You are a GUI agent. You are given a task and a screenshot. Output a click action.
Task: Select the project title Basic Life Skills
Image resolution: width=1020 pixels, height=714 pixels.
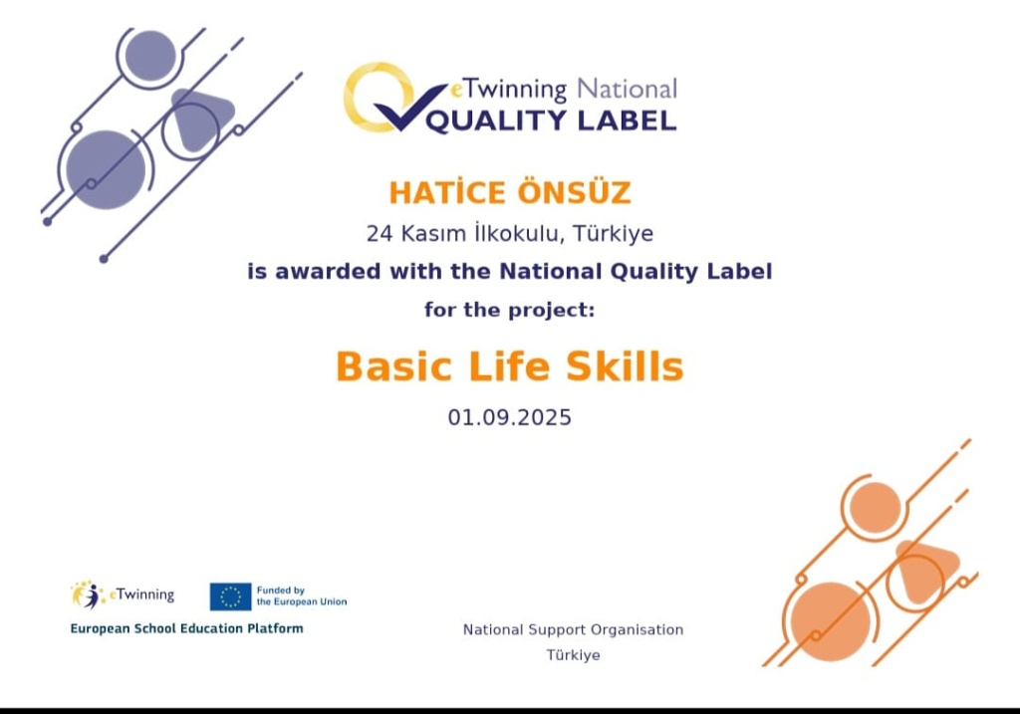pos(509,366)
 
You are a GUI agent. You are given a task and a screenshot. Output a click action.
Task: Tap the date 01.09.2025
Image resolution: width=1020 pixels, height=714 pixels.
pos(509,417)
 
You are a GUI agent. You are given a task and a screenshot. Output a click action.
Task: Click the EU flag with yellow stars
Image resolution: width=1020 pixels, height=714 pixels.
pos(230,596)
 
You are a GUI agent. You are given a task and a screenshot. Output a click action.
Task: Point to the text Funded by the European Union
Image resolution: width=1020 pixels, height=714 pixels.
pos(302,596)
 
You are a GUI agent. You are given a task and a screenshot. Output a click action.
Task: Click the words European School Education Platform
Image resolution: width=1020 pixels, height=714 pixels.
pos(186,628)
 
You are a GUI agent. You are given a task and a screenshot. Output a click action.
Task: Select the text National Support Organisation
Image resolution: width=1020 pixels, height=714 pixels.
pos(573,629)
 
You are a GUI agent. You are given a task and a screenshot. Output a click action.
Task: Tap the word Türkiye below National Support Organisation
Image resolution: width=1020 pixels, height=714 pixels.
pos(573,655)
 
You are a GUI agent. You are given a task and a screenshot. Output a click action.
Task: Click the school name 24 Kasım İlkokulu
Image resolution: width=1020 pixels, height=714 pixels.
pos(462,233)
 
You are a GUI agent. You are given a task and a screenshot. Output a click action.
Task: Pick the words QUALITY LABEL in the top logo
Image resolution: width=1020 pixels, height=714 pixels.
pos(551,120)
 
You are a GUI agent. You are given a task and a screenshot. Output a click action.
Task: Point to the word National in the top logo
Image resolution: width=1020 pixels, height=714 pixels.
pos(628,89)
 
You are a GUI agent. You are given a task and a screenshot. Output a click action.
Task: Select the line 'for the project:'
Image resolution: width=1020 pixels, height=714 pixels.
pos(509,310)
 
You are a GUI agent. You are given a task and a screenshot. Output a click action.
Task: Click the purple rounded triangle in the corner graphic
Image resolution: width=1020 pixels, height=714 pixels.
pos(198,118)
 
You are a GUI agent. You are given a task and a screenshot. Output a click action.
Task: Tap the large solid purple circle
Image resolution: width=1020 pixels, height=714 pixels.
pos(106,169)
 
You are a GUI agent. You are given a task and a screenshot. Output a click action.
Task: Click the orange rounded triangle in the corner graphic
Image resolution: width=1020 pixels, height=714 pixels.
pos(924,569)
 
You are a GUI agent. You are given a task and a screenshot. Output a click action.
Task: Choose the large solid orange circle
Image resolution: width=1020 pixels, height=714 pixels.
pos(831,621)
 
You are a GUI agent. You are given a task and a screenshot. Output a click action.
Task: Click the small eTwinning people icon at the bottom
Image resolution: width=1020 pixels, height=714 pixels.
pos(88,595)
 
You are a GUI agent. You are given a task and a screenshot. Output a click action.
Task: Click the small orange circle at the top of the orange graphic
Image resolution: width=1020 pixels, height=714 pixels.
pos(876,508)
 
